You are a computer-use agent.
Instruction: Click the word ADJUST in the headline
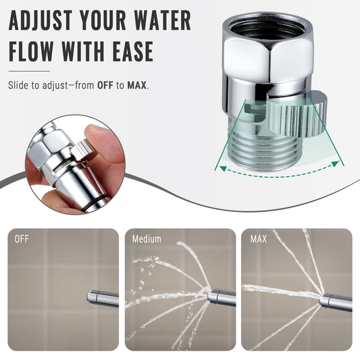40,20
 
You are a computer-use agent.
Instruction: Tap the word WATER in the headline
162,20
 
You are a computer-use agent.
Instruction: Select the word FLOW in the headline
31,51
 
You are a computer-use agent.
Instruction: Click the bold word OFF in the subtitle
105,85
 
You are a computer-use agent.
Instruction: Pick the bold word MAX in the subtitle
137,85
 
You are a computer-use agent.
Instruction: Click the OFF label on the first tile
22,239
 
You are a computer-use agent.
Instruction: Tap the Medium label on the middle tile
147,239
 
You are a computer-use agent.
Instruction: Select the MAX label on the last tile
259,239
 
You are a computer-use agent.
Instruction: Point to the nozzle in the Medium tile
221,297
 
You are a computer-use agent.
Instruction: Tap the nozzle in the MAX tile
336,302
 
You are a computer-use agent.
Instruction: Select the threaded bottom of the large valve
266,151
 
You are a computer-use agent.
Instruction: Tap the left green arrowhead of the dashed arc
222,168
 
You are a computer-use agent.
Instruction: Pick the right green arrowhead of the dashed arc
336,163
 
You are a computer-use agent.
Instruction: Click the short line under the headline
29,71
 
